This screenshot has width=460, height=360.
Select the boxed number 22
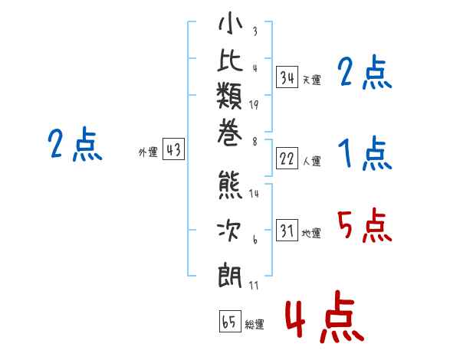point(287,159)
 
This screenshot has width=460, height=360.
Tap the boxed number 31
point(287,231)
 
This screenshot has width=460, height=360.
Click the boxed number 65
point(229,322)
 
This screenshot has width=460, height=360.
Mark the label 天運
point(311,80)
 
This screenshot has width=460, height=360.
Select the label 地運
point(311,234)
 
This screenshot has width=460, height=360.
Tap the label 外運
point(148,153)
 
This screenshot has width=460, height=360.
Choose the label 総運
point(255,325)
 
